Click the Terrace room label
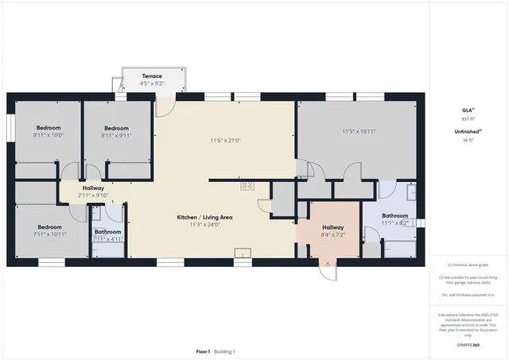151,76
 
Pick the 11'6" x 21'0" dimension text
225,141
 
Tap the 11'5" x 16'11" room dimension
358,131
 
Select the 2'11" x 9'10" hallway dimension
92,195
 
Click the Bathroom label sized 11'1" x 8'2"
394,215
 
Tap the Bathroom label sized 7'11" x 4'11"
107,232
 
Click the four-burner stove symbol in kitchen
247,186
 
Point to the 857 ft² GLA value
468,118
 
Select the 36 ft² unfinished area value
468,140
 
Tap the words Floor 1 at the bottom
202,351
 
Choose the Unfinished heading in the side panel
467,131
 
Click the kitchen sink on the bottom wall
241,254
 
